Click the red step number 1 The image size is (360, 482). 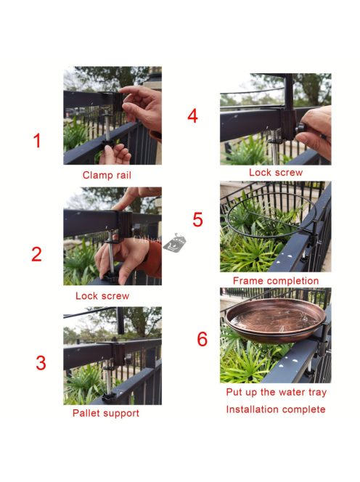coord(37,141)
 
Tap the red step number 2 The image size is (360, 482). coord(36,254)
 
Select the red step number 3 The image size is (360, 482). coord(41,363)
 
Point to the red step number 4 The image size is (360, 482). coord(192,116)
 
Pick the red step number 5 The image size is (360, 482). coord(197,219)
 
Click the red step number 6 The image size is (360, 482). coord(202,339)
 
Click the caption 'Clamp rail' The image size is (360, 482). coord(107,175)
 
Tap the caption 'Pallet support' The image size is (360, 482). coord(106,413)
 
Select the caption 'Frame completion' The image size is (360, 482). coord(276,281)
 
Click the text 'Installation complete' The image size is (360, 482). coord(276,409)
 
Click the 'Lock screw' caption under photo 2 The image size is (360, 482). coord(102,296)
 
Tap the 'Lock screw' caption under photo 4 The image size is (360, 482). coord(276,173)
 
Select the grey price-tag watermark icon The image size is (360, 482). coord(175,242)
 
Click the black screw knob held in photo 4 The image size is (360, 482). coord(301,128)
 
